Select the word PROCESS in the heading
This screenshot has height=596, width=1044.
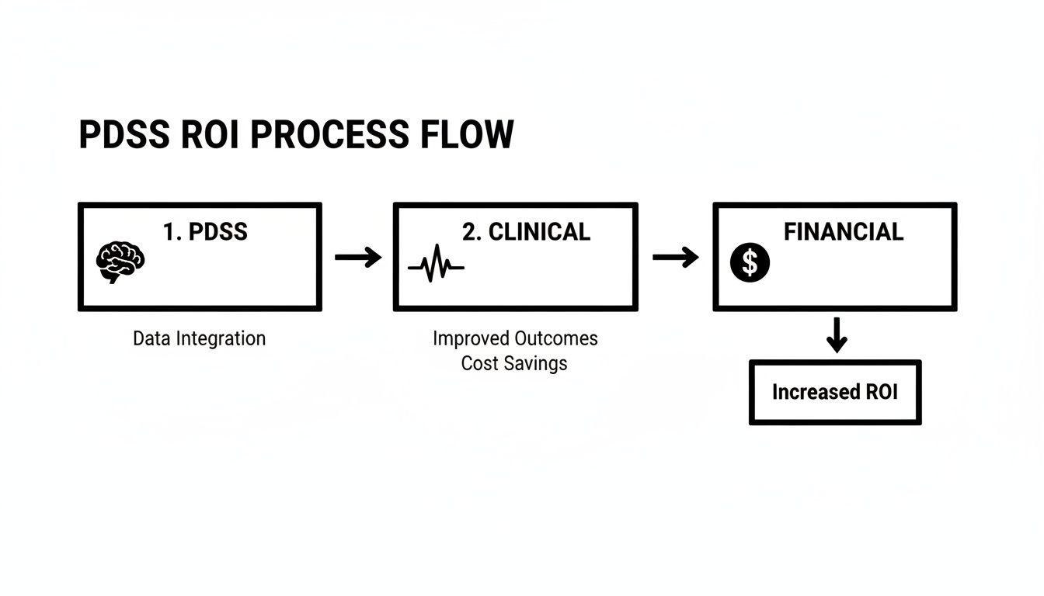pyautogui.click(x=329, y=135)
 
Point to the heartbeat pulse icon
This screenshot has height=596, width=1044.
pyautogui.click(x=436, y=266)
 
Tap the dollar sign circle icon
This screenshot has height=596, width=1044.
pyautogui.click(x=750, y=263)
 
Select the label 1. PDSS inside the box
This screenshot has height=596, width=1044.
pyautogui.click(x=205, y=232)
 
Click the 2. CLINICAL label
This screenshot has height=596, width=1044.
pyautogui.click(x=526, y=231)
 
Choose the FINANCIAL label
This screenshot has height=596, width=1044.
pyautogui.click(x=843, y=231)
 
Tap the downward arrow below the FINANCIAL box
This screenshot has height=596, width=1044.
pyautogui.click(x=836, y=334)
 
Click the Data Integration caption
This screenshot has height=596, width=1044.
pyautogui.click(x=199, y=339)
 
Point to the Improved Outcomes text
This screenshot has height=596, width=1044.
pyautogui.click(x=515, y=339)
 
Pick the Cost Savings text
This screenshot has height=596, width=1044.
pyautogui.click(x=514, y=363)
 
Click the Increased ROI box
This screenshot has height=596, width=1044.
pyautogui.click(x=835, y=393)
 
